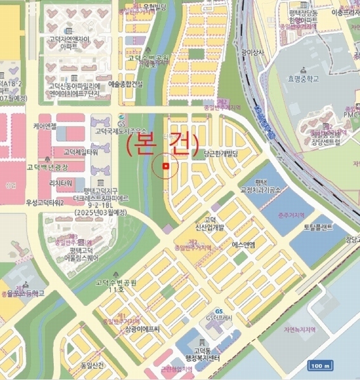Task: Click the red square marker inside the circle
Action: point(165,167)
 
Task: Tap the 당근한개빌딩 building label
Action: point(221,154)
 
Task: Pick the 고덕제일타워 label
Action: point(80,152)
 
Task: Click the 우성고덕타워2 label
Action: point(45,202)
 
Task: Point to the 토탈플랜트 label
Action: point(318,227)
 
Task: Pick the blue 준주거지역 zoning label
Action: point(273,215)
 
